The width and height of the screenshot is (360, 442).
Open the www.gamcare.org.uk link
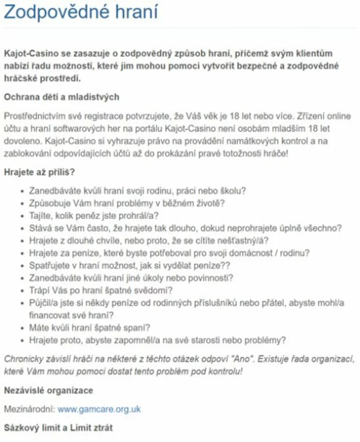(99, 409)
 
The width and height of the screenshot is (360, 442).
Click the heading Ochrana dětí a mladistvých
(61, 97)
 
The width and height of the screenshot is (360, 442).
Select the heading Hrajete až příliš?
(39, 172)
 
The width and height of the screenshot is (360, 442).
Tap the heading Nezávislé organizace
(48, 390)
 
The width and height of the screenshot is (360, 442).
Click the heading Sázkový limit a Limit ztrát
(58, 428)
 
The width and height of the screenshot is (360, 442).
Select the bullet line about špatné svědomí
(101, 291)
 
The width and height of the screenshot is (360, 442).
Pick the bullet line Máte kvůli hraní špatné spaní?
(90, 328)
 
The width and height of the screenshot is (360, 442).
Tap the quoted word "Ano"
(239, 359)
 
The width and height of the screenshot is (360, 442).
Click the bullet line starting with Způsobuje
(127, 203)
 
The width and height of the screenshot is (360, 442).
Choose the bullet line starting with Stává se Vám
(185, 228)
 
